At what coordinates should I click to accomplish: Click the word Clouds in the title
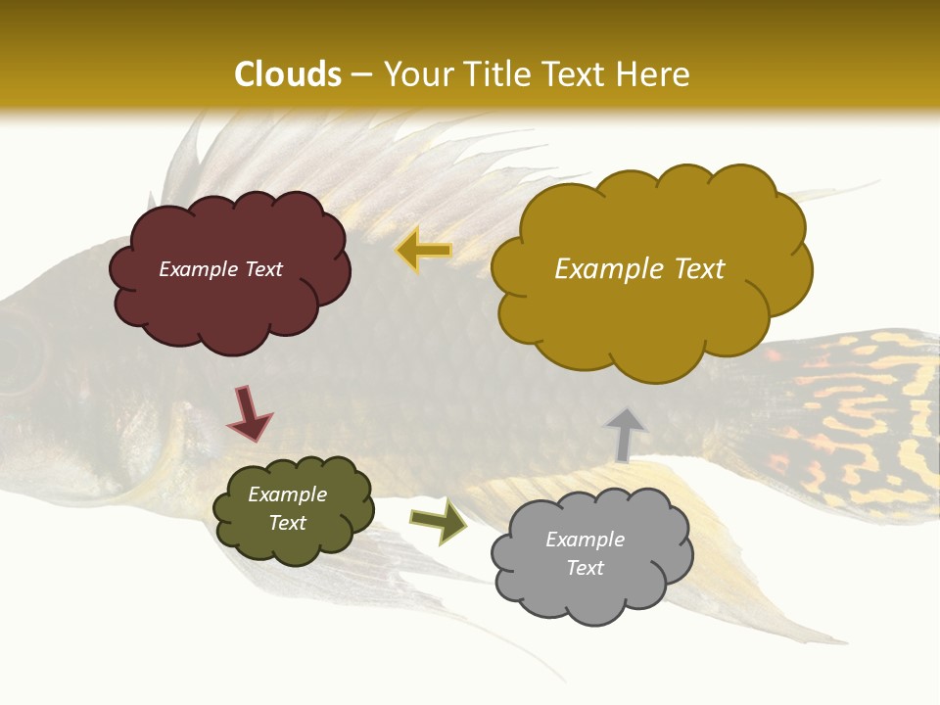tap(288, 74)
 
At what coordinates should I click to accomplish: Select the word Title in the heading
tap(490, 74)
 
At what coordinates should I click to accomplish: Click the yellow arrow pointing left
tap(423, 251)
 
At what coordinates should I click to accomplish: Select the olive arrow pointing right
tap(438, 520)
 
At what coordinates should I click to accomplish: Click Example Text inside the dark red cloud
tap(220, 269)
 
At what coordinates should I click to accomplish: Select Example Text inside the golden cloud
tap(639, 269)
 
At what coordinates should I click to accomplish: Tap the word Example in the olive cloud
tap(287, 494)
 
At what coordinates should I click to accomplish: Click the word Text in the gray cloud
tap(585, 568)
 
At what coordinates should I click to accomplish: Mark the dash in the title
tap(361, 75)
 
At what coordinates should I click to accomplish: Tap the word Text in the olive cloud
tap(287, 523)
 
